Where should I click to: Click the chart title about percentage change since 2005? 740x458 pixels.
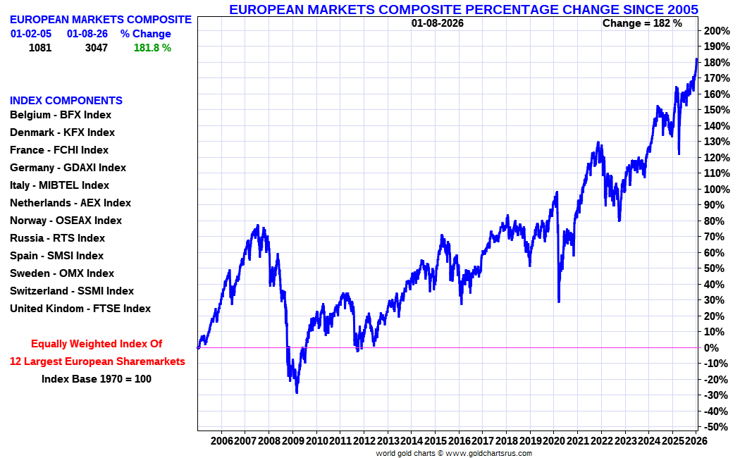463,9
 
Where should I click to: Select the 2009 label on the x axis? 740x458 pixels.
292,440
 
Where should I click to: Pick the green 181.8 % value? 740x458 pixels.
152,48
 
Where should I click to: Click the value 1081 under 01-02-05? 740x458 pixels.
41,48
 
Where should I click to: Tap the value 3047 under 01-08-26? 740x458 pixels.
96,48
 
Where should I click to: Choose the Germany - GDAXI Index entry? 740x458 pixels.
68,168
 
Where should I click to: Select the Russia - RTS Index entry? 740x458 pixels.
57,238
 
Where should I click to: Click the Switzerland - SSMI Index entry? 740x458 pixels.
71,291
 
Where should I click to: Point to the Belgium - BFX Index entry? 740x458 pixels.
61,115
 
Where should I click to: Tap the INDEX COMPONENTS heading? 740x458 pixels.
66,101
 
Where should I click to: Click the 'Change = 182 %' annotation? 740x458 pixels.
642,23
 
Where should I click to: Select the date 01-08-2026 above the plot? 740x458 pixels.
438,23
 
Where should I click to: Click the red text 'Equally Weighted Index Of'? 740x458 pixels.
97,344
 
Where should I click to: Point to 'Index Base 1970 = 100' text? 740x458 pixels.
97,378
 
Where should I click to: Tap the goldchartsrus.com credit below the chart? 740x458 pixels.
454,453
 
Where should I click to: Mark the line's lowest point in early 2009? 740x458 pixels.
297,392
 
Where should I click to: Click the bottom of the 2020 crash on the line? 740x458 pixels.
559,302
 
